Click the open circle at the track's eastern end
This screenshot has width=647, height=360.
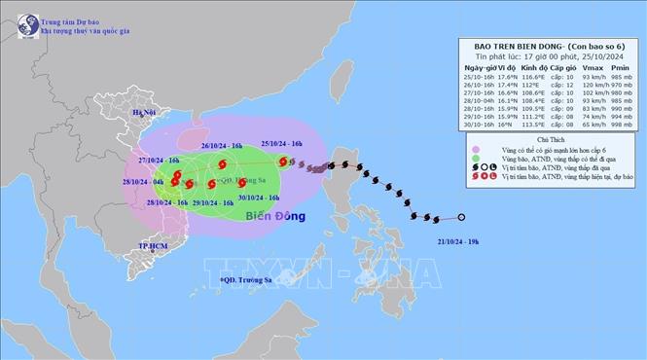click(461, 218)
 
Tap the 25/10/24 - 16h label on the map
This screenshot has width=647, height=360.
click(282, 143)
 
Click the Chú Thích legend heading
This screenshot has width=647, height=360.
click(550, 141)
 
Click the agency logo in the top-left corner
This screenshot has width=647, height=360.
click(18, 18)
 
